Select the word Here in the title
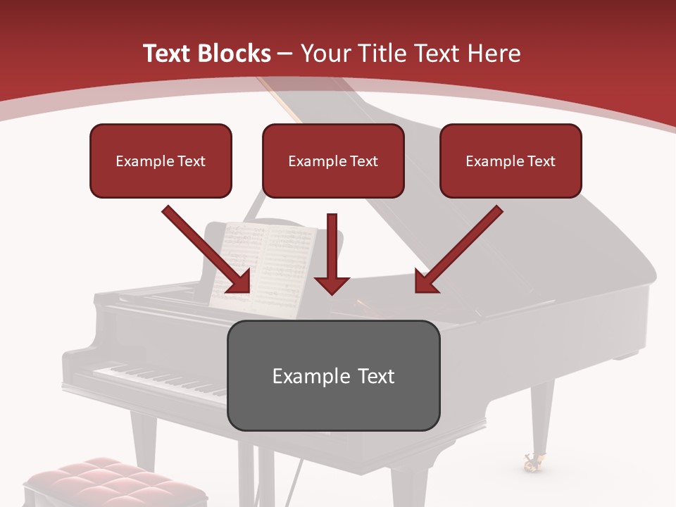tap(495, 54)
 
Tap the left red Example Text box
tap(161, 161)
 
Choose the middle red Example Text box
tap(333, 161)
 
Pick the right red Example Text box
tap(511, 161)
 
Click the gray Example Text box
tap(334, 375)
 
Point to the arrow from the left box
tap(208, 251)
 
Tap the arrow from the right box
tap(458, 251)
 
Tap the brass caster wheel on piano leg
tap(531, 462)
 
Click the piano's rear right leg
tap(541, 415)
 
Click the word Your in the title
tap(325, 54)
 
